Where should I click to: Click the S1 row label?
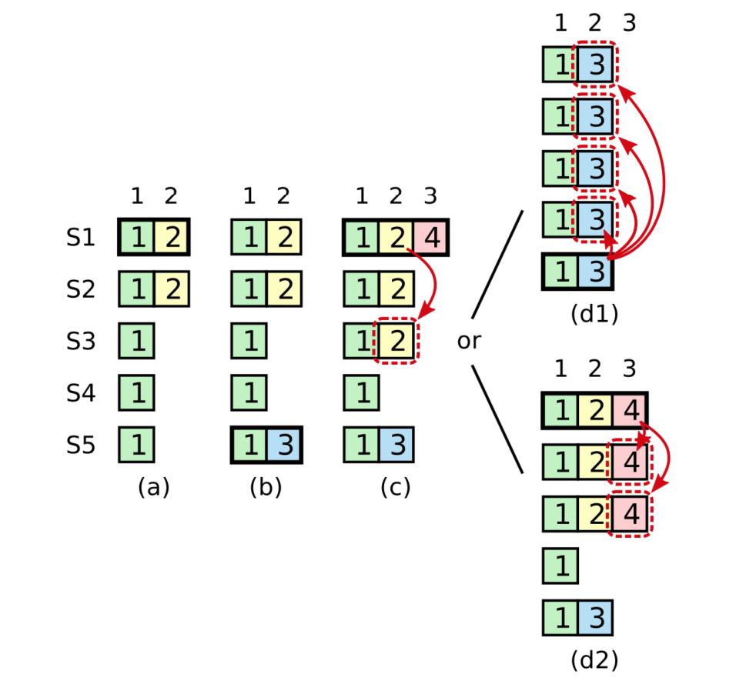(x=81, y=238)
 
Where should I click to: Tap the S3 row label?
(x=81, y=341)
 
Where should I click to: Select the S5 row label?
(x=81, y=445)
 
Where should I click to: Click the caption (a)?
(x=153, y=487)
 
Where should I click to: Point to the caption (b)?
(x=266, y=487)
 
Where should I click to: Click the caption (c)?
(x=395, y=487)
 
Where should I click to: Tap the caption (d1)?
(x=594, y=314)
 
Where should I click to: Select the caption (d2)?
(x=594, y=660)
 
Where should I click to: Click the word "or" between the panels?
(x=469, y=341)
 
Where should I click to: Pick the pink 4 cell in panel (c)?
(x=431, y=238)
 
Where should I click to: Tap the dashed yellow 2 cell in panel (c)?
(x=396, y=341)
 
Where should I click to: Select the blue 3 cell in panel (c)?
(x=396, y=445)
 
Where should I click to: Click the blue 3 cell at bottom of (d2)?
(x=594, y=618)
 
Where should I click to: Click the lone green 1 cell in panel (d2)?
(x=560, y=566)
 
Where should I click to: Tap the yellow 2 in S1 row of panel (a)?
(x=171, y=238)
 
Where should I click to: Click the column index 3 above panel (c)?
(x=431, y=196)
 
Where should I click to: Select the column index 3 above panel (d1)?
(x=630, y=24)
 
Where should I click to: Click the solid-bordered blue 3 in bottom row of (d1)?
(x=594, y=272)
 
